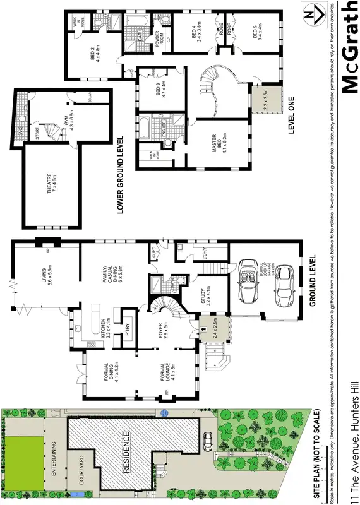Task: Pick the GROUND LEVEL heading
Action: tap(311, 281)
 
